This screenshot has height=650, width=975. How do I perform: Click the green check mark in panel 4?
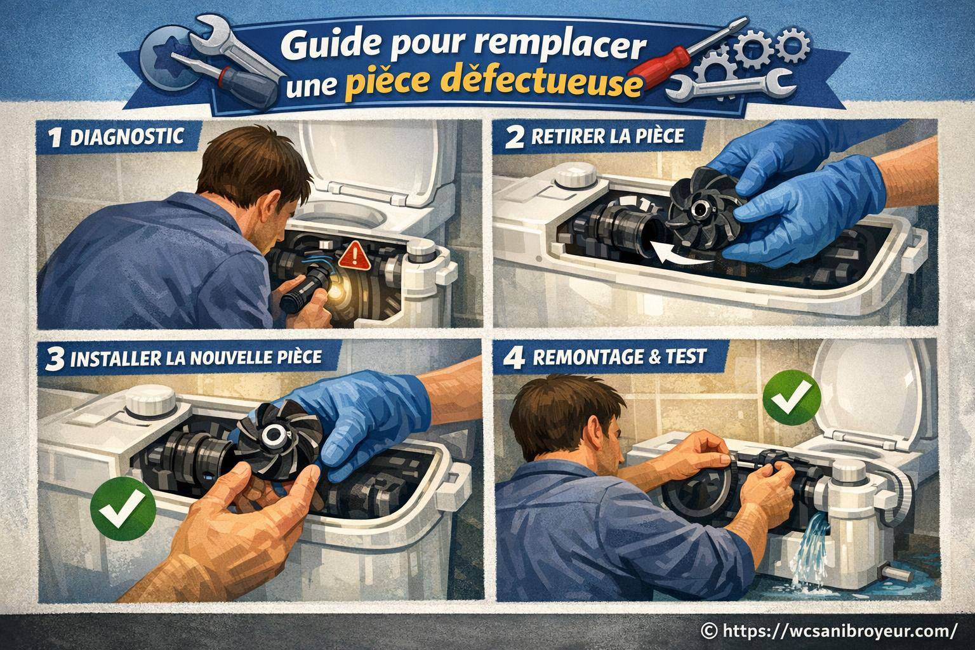click(x=792, y=399)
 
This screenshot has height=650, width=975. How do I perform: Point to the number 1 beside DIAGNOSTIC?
click(x=55, y=138)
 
